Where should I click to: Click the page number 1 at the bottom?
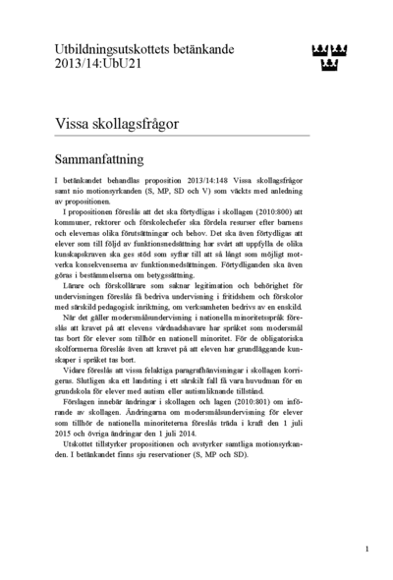click(366, 550)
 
